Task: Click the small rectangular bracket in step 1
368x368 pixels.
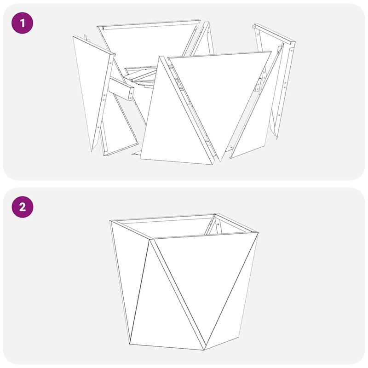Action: (x=122, y=90)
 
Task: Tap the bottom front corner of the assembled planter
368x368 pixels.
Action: (x=204, y=350)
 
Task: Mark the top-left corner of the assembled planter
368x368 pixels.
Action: (x=110, y=221)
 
